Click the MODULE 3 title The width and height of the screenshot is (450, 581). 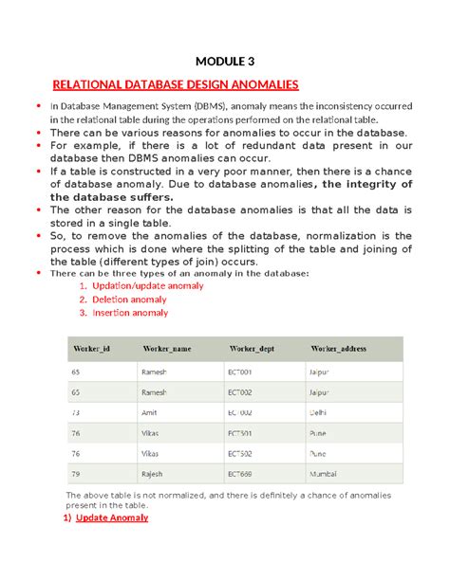click(x=225, y=63)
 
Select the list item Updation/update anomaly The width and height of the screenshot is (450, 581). click(x=141, y=285)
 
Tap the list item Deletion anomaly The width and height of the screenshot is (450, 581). click(x=127, y=299)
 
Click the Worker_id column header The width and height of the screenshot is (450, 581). click(x=91, y=349)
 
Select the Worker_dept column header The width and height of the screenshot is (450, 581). click(x=251, y=349)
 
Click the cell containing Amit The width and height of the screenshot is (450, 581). click(x=148, y=413)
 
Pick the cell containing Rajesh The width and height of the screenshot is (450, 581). click(x=151, y=473)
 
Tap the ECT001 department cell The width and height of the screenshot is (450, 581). click(x=238, y=372)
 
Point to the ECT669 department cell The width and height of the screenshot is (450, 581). click(x=238, y=473)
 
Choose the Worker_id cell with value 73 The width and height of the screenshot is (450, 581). click(x=76, y=413)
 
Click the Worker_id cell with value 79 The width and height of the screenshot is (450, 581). click(x=76, y=473)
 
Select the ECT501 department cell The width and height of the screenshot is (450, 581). click(x=238, y=433)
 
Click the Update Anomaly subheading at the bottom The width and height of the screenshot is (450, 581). click(x=112, y=518)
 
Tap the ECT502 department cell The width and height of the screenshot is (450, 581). click(x=238, y=453)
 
